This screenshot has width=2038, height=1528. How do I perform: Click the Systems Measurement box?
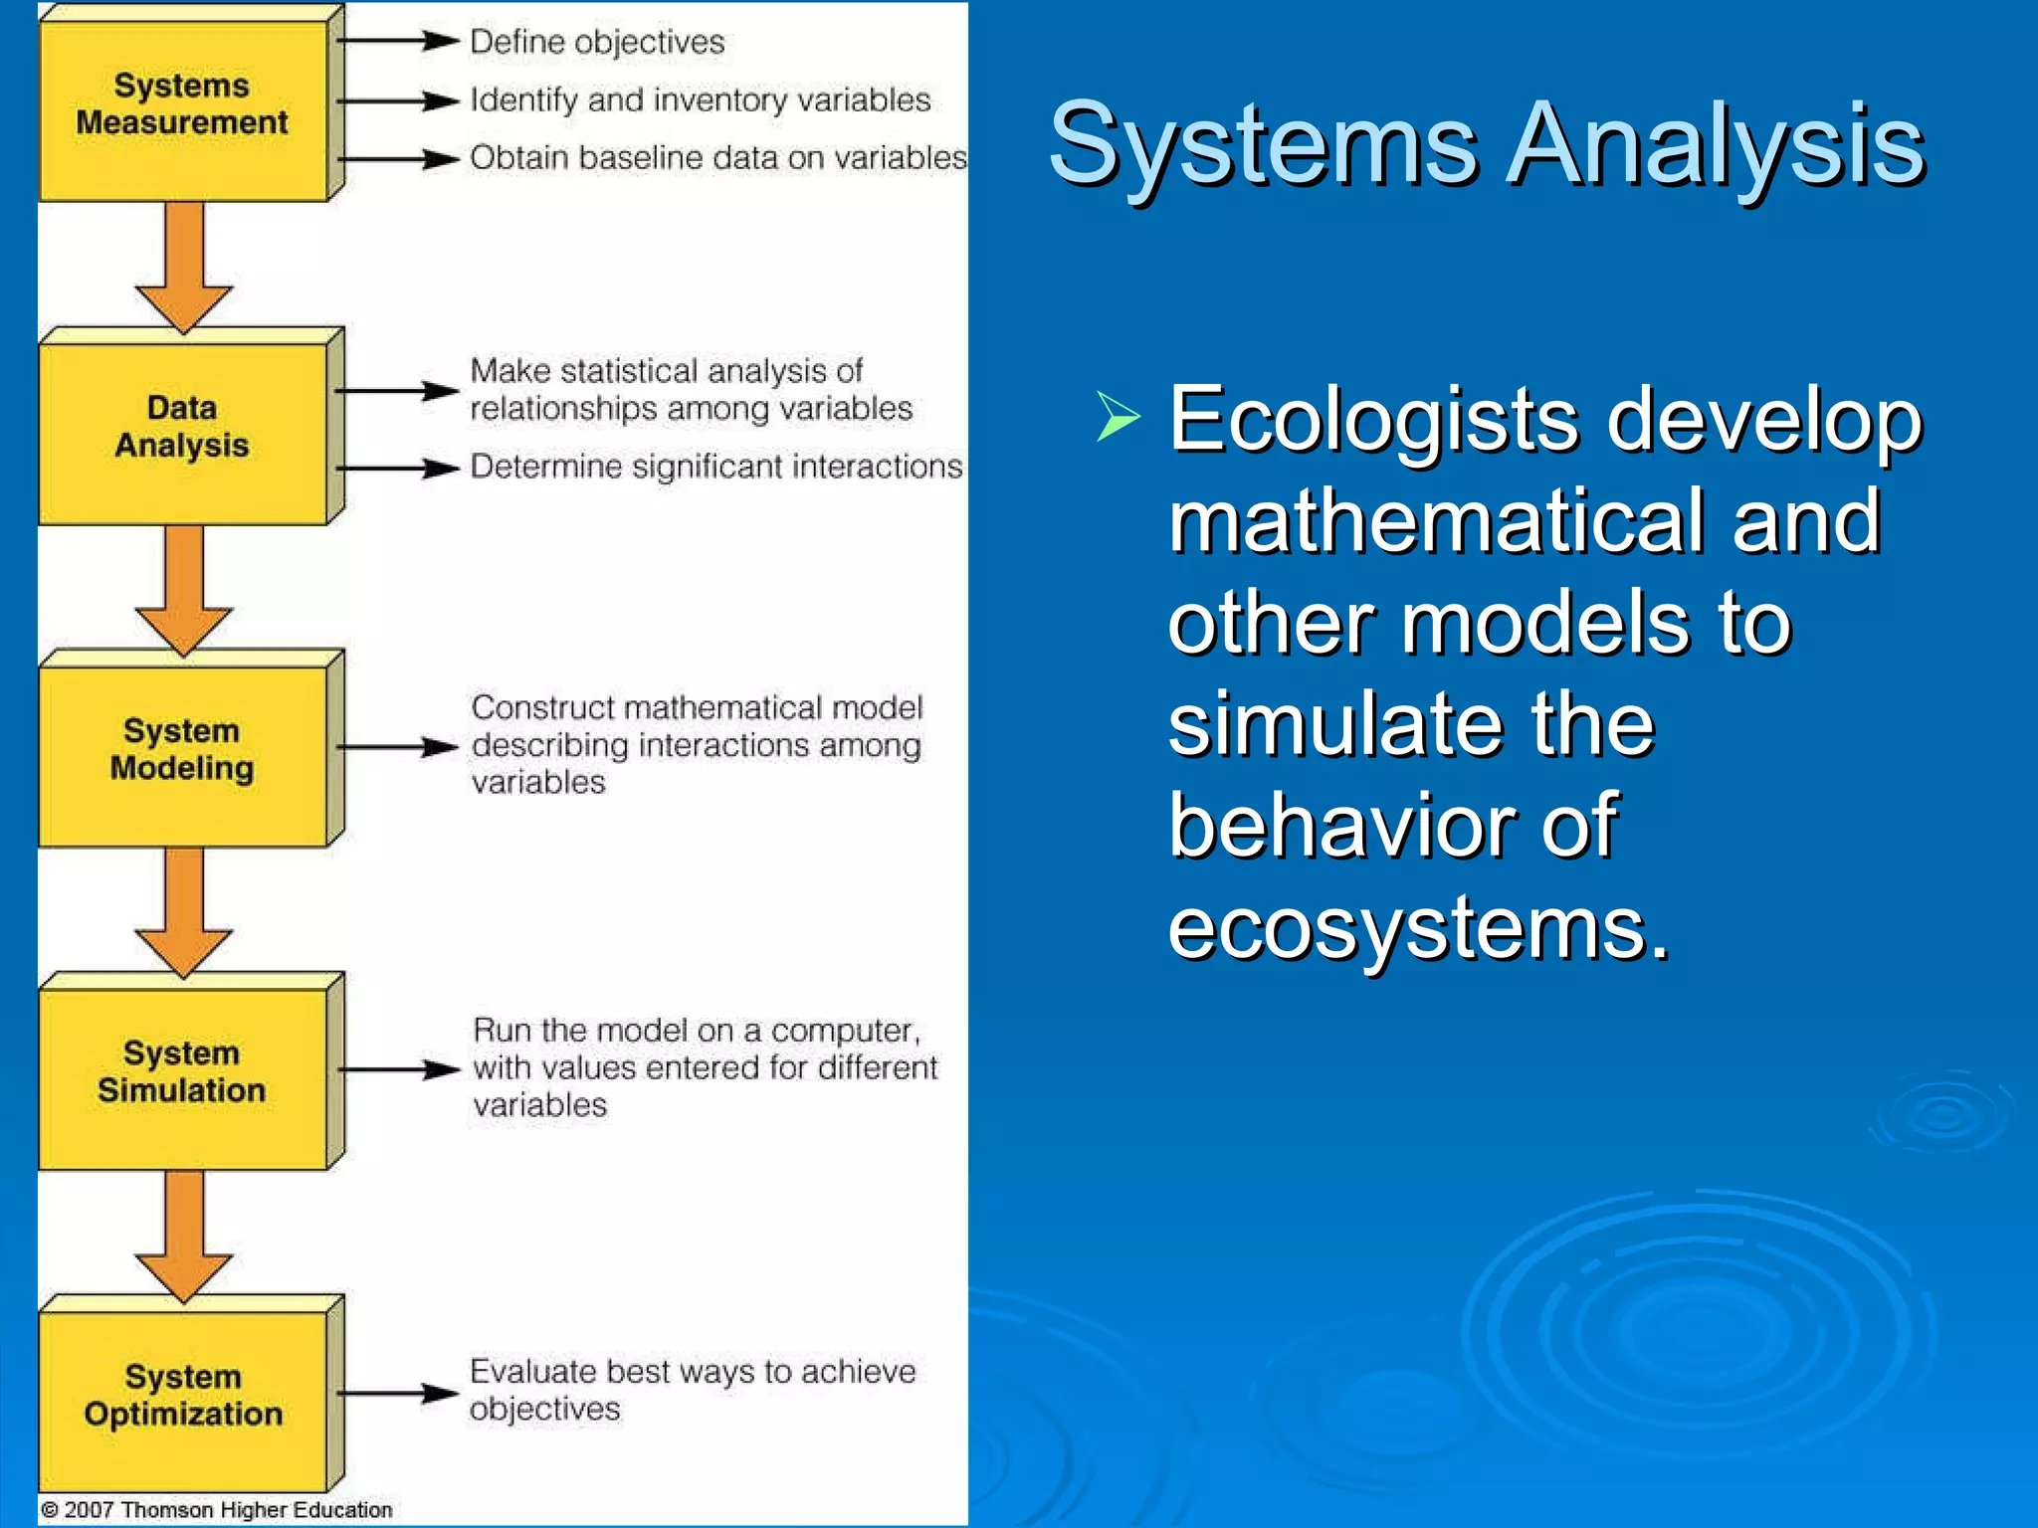(x=182, y=109)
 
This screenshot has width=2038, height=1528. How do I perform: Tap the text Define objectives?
(x=597, y=42)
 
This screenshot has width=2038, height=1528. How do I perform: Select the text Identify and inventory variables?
(x=700, y=99)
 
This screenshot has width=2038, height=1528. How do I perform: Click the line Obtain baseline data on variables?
(x=716, y=157)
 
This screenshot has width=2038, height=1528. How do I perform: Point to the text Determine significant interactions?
(x=715, y=467)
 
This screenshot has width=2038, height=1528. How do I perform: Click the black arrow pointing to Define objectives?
(x=398, y=41)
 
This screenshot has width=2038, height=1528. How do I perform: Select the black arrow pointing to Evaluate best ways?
(x=398, y=1393)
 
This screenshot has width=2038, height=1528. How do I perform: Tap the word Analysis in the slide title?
(x=1716, y=146)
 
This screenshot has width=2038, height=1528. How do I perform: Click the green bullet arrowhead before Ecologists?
(x=1119, y=417)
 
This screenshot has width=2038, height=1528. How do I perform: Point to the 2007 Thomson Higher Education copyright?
(x=217, y=1510)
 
